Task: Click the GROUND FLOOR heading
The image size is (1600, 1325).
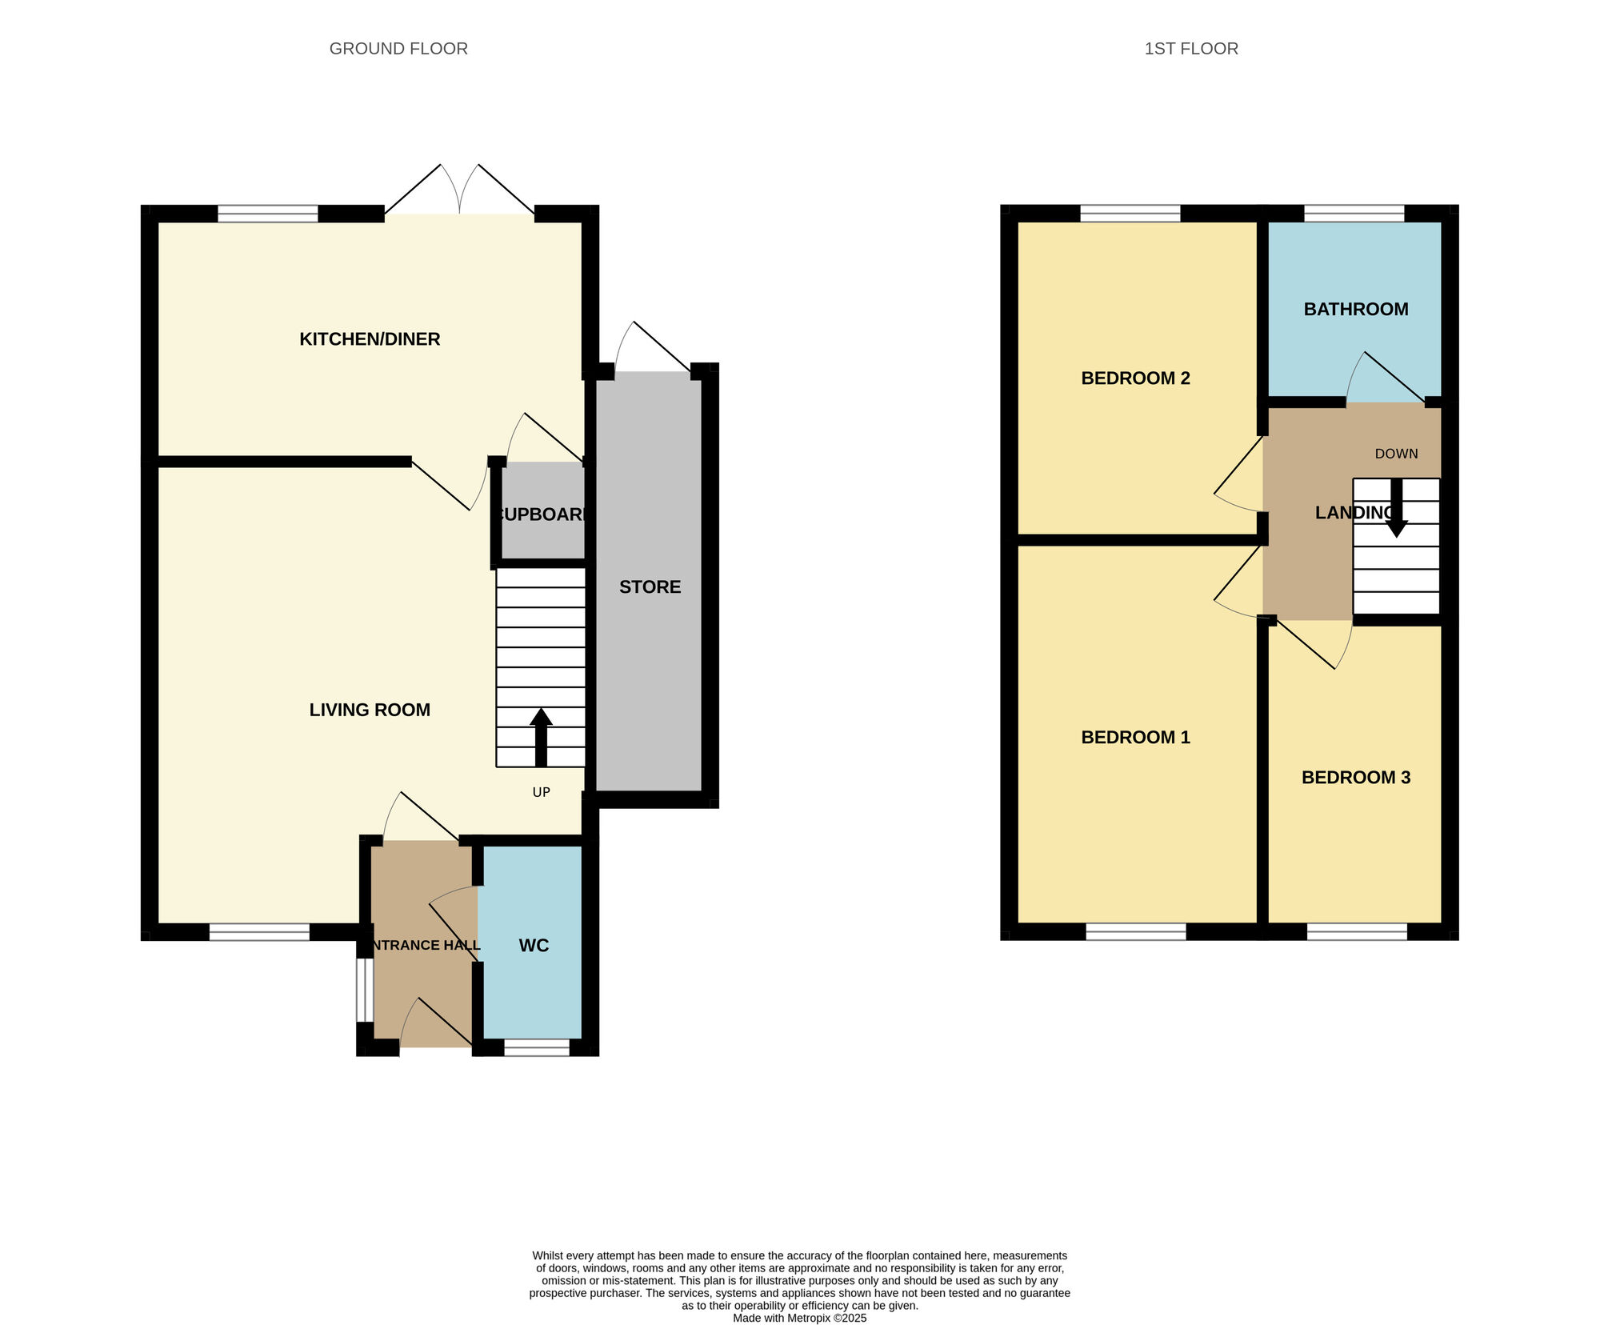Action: point(398,49)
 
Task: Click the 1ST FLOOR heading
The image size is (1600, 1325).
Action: point(1191,49)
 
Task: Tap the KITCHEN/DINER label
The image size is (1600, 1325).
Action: point(370,339)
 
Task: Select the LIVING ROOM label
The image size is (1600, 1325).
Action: point(370,710)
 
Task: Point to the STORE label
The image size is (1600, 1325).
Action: point(650,587)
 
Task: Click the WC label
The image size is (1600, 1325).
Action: point(534,946)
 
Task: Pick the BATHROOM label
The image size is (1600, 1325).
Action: point(1356,310)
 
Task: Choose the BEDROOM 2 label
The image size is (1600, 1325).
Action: point(1135,378)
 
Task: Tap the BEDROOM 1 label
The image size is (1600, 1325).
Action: point(1135,738)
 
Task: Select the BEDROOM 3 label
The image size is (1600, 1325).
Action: point(1356,778)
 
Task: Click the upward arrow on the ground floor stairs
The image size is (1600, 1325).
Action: point(541,736)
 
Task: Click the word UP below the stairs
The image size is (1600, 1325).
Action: point(542,792)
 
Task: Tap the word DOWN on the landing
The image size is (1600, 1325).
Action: point(1396,454)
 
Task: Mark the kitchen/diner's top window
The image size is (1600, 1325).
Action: point(268,214)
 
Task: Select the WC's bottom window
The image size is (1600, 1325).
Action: point(537,1047)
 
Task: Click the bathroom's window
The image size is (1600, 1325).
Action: point(1354,213)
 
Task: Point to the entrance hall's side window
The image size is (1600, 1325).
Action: point(365,990)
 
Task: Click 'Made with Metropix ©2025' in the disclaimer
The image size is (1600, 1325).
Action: point(799,1318)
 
